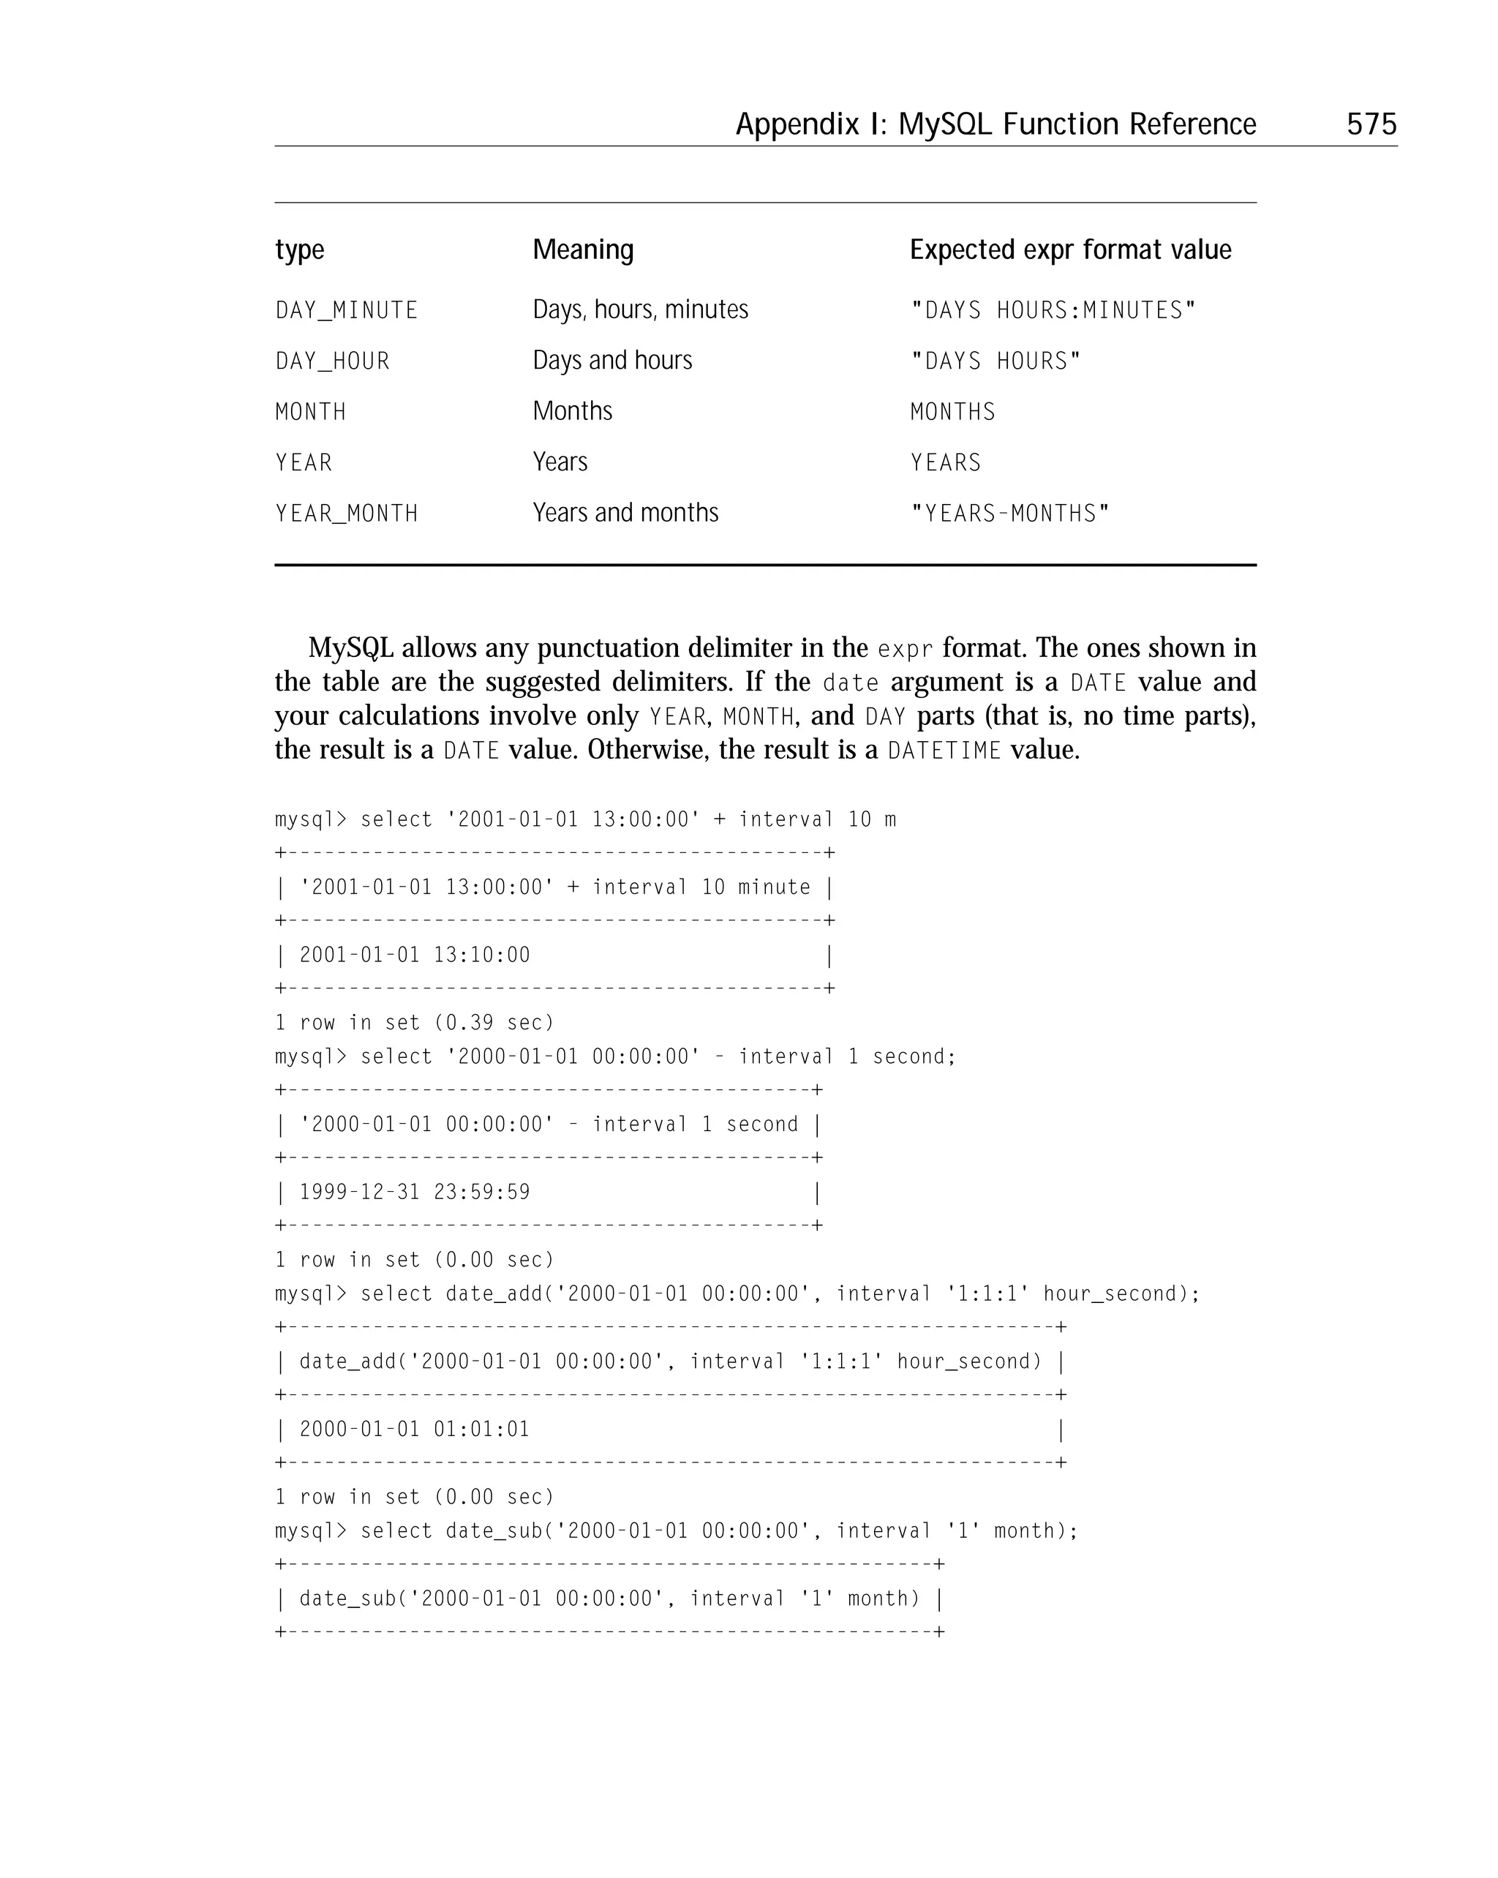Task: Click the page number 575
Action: pyautogui.click(x=1371, y=124)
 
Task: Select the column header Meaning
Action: pyautogui.click(x=583, y=250)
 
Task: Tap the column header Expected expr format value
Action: pyautogui.click(x=1069, y=250)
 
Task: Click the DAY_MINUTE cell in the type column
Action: pyautogui.click(x=347, y=310)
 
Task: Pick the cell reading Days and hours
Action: pyautogui.click(x=611, y=361)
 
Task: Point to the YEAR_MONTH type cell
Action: pyautogui.click(x=347, y=513)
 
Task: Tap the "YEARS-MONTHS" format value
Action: pyautogui.click(x=1009, y=513)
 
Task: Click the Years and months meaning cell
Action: pyautogui.click(x=625, y=513)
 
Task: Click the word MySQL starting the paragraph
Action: pyautogui.click(x=350, y=648)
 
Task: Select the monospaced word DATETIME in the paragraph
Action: pyautogui.click(x=944, y=751)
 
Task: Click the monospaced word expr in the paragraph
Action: pyautogui.click(x=904, y=650)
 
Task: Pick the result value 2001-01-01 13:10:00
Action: pyautogui.click(x=415, y=955)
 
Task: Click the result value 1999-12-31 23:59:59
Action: pyautogui.click(x=415, y=1192)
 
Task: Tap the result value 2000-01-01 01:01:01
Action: pyautogui.click(x=415, y=1430)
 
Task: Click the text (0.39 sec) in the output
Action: pyautogui.click(x=494, y=1023)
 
